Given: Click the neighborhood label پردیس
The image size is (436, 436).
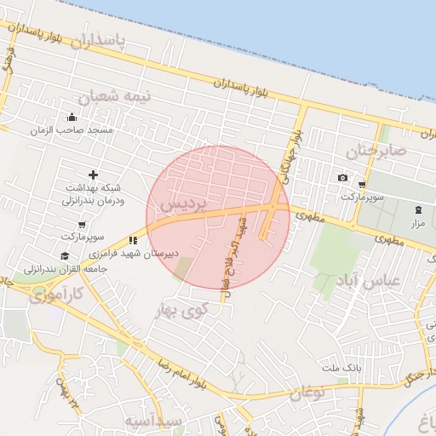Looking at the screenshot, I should pyautogui.click(x=184, y=204).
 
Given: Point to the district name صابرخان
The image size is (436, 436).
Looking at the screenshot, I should pyautogui.click(x=377, y=151).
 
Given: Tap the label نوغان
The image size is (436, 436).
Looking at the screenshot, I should pyautogui.click(x=307, y=393).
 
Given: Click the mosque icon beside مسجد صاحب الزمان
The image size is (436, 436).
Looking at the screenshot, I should pyautogui.click(x=71, y=118).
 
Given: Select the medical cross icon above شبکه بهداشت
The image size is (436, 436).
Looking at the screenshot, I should pyautogui.click(x=93, y=175).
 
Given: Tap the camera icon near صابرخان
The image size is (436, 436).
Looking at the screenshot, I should pyautogui.click(x=342, y=178).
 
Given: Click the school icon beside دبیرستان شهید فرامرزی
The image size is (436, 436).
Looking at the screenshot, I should pyautogui.click(x=133, y=241).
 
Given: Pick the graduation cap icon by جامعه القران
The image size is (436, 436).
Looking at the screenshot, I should pyautogui.click(x=65, y=256).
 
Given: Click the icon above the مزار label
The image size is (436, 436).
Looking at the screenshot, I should pyautogui.click(x=417, y=210).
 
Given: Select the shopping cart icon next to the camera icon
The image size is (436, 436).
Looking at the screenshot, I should pyautogui.click(x=362, y=184).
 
